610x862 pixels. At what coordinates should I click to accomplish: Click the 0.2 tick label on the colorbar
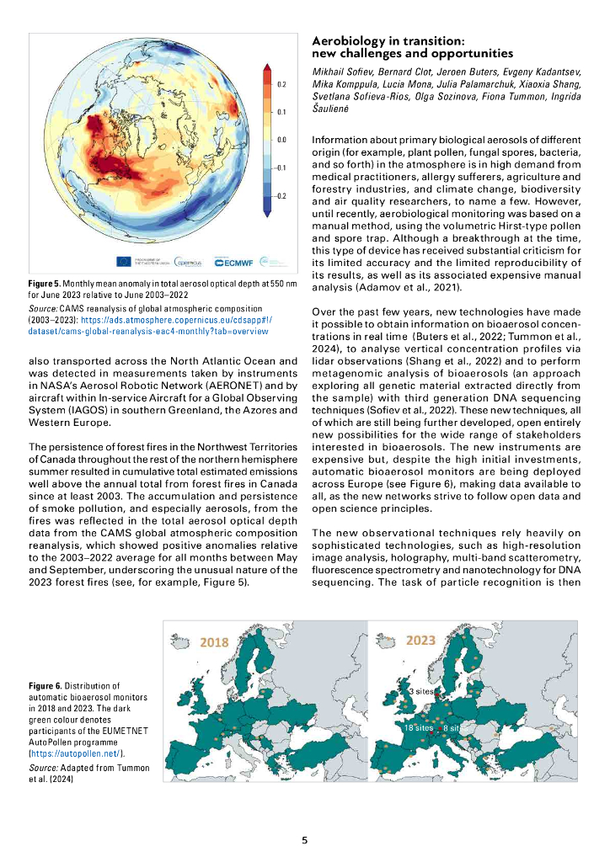click(x=283, y=85)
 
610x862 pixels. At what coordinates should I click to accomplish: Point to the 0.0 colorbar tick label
click(x=283, y=140)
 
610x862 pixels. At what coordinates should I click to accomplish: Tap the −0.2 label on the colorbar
click(x=281, y=195)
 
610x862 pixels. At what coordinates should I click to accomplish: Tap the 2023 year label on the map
click(x=420, y=641)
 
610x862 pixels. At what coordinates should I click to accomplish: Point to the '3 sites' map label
click(x=421, y=690)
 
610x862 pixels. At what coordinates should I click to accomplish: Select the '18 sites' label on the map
click(x=419, y=726)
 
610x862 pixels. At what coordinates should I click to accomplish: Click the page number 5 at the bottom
click(x=305, y=839)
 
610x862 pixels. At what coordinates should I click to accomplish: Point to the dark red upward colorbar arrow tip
click(x=266, y=67)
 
